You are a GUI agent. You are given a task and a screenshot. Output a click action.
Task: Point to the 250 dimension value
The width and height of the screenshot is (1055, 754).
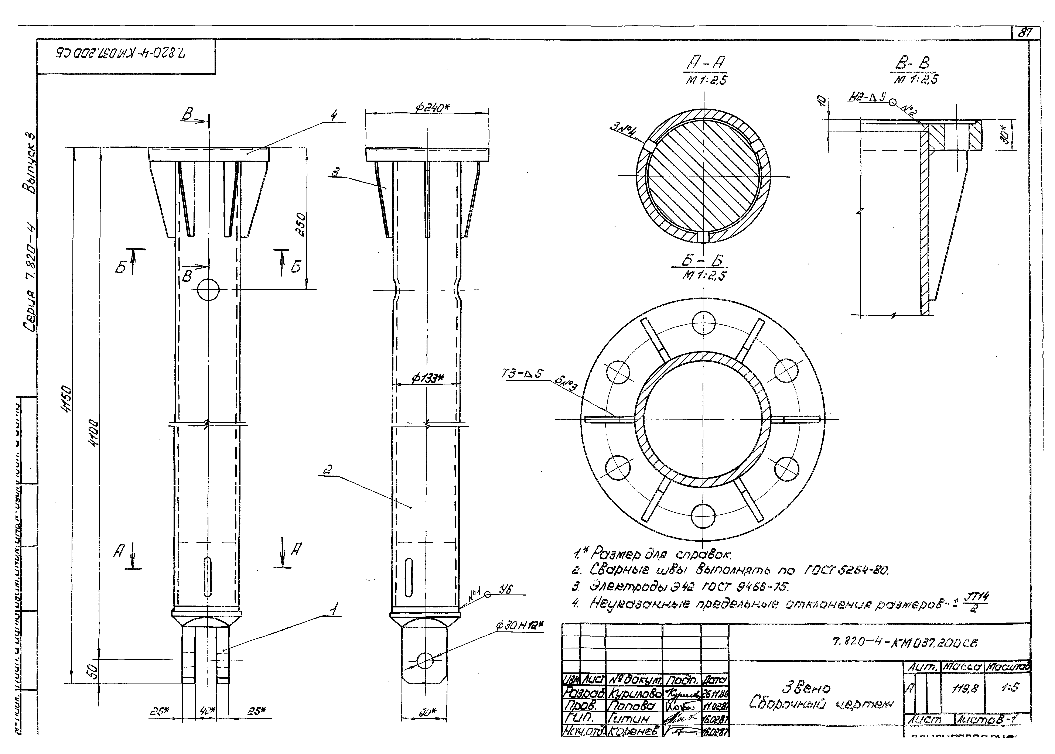[x=301, y=224]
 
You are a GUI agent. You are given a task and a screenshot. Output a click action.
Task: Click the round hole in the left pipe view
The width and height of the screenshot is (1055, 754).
[x=208, y=290]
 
